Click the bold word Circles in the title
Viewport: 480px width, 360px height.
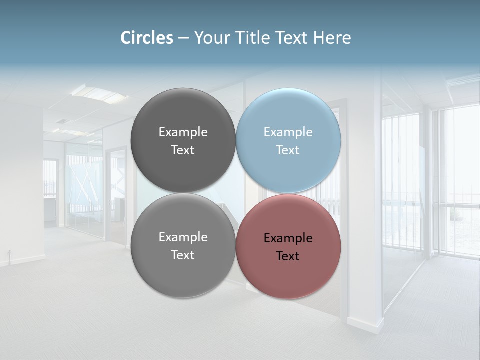(x=147, y=38)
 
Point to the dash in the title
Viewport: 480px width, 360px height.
(x=183, y=38)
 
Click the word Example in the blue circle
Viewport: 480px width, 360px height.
(x=288, y=132)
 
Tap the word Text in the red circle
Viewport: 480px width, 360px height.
(x=288, y=256)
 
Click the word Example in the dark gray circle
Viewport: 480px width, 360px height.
(x=183, y=132)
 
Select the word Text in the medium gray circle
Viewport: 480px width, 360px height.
(x=183, y=255)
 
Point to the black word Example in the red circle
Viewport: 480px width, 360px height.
(x=288, y=238)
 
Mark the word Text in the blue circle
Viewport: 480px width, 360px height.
(x=288, y=150)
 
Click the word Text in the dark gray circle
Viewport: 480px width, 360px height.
(x=183, y=150)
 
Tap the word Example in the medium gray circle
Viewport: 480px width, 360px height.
(x=183, y=237)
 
